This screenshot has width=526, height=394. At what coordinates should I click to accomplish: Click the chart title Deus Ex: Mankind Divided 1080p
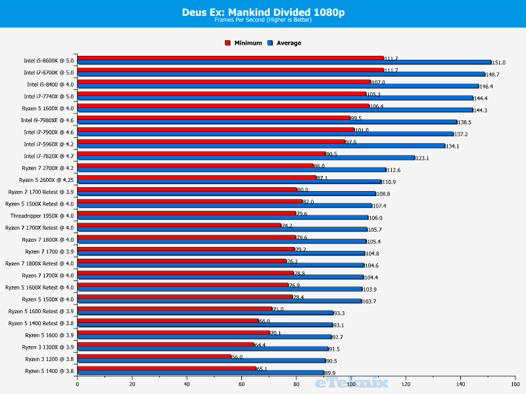262,11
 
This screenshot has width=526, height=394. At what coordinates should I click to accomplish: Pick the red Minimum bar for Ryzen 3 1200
155,357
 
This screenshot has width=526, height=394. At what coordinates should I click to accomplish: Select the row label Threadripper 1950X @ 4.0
42,216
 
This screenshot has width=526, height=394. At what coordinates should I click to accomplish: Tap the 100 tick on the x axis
351,385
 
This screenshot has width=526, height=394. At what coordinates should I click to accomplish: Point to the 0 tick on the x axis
78,385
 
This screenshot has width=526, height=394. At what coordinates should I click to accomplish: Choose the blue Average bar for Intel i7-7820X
246,158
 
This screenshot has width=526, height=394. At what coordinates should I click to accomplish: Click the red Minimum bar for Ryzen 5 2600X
197,177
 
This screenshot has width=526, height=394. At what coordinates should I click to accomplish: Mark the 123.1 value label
423,158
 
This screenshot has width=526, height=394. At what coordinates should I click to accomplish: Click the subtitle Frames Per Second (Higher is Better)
262,20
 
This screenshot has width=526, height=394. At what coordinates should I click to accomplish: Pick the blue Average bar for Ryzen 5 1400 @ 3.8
201,373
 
